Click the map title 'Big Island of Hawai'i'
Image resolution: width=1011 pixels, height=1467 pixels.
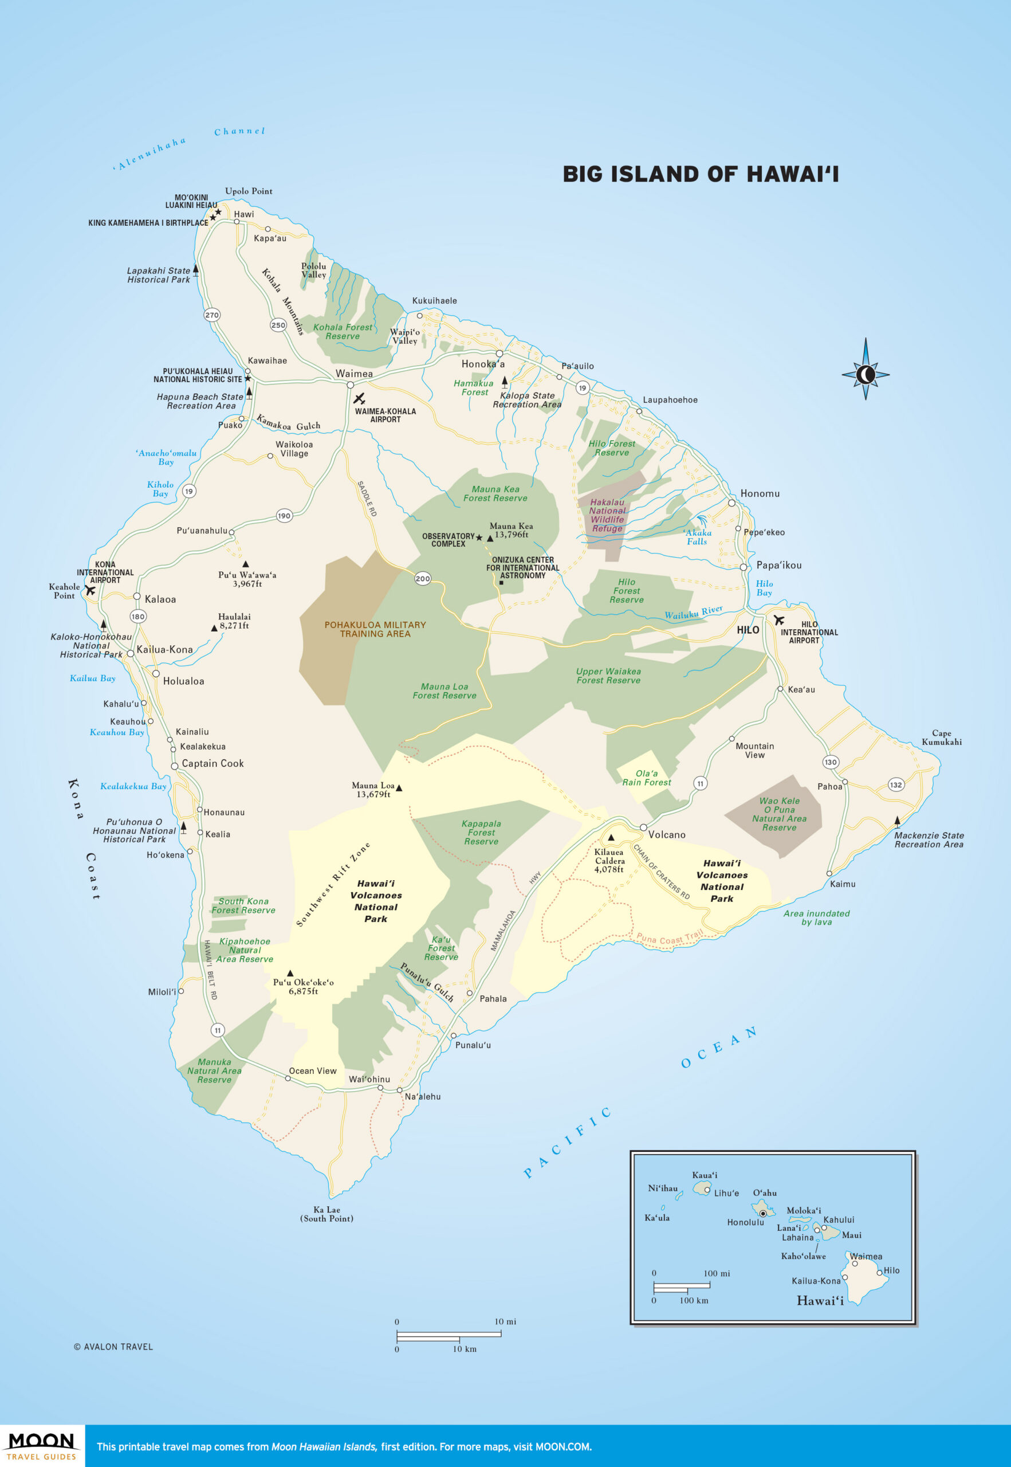[701, 174]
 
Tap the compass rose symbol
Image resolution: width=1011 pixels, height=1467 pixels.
[866, 375]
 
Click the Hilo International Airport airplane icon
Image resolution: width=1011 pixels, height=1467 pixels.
[778, 620]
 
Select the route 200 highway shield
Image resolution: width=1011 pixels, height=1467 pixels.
[423, 578]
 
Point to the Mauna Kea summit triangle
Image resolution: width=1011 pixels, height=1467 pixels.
[490, 538]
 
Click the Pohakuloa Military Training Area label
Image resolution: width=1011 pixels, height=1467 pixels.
[375, 629]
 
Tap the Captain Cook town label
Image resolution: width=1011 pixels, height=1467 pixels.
[212, 764]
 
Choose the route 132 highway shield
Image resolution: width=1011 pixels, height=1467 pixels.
[896, 785]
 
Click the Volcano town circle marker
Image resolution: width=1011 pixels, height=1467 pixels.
[643, 827]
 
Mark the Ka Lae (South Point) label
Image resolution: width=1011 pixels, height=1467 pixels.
[326, 1214]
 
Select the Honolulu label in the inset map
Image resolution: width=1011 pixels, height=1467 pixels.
[745, 1222]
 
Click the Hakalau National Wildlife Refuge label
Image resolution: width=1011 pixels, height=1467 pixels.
[607, 515]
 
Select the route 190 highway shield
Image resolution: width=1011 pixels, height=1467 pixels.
[284, 515]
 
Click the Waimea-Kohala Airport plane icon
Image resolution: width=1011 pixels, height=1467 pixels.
[359, 399]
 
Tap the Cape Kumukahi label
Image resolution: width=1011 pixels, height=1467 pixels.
[941, 738]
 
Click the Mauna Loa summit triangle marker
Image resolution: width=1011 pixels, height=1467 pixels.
[399, 789]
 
